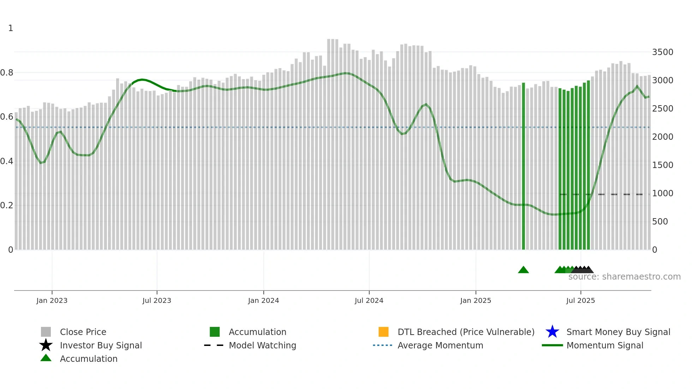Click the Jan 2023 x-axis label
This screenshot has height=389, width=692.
[x=52, y=300]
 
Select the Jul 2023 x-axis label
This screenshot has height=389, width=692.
[x=157, y=300]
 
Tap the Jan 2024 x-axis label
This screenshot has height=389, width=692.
[x=263, y=300]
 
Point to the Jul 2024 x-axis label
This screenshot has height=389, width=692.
[x=369, y=300]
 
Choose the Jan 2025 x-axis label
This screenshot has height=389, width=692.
[x=476, y=300]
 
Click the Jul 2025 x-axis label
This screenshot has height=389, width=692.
[x=580, y=300]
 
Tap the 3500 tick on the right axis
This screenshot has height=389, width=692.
[x=662, y=52]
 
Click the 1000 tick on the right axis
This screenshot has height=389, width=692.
[x=662, y=193]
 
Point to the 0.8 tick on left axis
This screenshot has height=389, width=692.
[x=7, y=73]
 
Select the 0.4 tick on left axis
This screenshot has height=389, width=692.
[x=7, y=161]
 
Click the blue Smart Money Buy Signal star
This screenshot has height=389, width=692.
[x=552, y=332]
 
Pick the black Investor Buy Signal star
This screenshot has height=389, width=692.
[x=46, y=345]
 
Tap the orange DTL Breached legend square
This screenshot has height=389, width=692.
[x=383, y=332]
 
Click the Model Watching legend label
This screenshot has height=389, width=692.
[x=262, y=345]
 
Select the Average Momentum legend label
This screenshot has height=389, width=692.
[x=440, y=345]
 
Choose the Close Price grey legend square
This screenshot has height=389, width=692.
[x=46, y=332]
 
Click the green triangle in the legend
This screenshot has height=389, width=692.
[x=46, y=358]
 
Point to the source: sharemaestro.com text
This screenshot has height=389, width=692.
[x=624, y=277]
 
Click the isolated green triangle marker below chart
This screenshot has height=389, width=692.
[x=523, y=270]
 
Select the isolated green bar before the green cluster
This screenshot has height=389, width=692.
[x=523, y=166]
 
